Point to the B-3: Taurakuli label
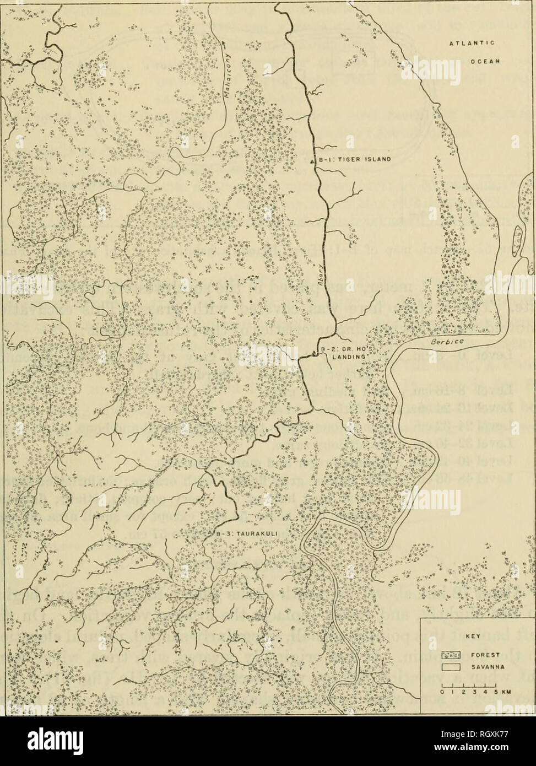(x=237, y=533)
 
